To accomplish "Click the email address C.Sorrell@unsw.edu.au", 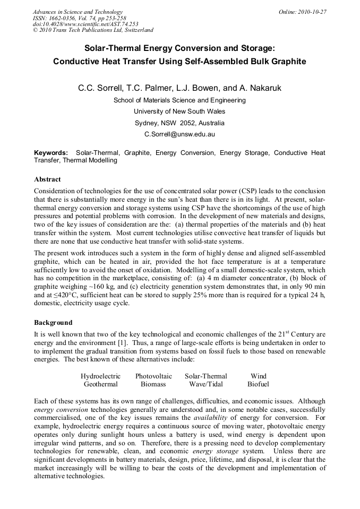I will tap(179, 134).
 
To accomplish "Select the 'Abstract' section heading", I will tap(47, 179).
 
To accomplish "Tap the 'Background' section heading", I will tap(53, 322).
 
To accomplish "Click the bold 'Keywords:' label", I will tap(51, 153).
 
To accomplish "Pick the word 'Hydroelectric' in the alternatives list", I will tap(100, 376).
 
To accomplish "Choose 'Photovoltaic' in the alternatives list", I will tap(153, 376).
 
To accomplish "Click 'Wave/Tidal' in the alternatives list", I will tap(205, 384).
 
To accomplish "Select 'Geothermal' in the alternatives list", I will tap(100, 384).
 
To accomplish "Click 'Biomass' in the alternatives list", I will tap(153, 384).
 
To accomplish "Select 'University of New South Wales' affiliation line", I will tap(179, 111).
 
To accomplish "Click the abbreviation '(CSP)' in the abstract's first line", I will tap(251, 191).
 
